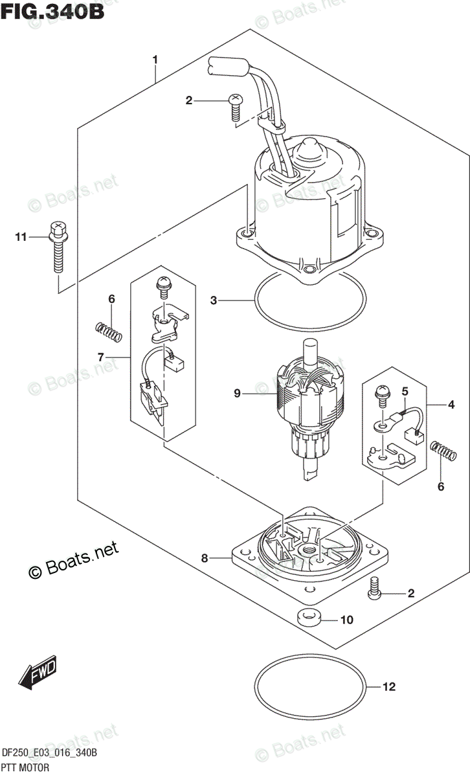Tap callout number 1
(155, 60)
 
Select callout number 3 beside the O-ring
(214, 300)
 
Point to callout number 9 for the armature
(237, 394)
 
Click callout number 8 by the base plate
(205, 557)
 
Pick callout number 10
(347, 620)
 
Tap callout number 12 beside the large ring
(389, 686)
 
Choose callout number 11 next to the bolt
(21, 237)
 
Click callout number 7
(100, 357)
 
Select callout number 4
(451, 405)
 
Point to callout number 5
(405, 391)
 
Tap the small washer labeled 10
(308, 619)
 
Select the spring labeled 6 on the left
(108, 332)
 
